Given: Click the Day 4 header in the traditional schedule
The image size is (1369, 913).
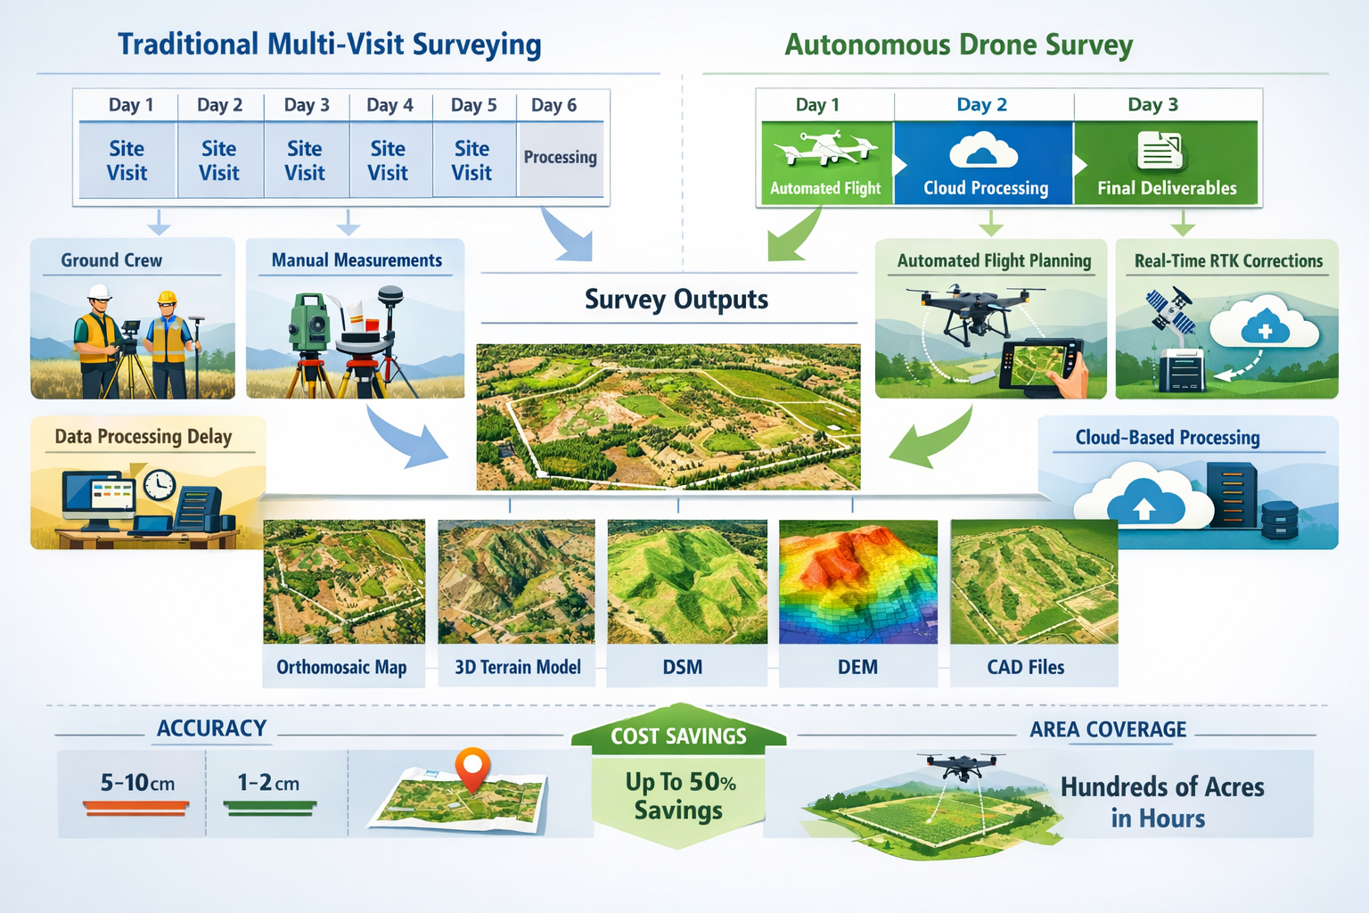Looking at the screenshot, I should [389, 105].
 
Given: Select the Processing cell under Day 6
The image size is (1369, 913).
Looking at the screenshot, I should [561, 158].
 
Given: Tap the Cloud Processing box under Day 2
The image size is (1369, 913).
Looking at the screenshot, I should [985, 163].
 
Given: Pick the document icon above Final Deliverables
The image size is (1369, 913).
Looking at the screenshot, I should [1160, 151].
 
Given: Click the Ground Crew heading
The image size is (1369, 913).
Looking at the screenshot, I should [111, 260].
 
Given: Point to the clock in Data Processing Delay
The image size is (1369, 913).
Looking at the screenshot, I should [159, 485].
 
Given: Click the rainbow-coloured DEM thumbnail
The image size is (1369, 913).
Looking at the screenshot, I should [857, 581].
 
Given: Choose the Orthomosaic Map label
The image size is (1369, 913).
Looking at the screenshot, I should [341, 667].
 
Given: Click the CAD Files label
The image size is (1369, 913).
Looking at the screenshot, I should [1025, 667].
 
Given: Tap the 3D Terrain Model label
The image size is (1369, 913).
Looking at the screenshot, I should [517, 667].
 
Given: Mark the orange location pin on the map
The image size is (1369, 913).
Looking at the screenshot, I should [472, 767].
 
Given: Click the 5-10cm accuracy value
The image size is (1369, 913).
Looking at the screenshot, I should [137, 783].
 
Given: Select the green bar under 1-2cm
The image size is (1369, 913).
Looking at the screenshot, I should [270, 808].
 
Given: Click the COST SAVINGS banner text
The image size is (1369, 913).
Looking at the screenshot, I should [678, 736].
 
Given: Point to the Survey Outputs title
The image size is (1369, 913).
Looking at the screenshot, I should [676, 300].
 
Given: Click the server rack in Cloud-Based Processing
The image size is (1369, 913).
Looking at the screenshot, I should [1232, 493].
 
